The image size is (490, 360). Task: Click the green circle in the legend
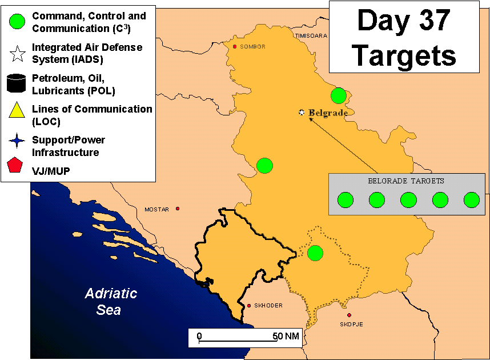(17, 22)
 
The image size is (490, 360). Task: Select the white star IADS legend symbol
(18, 54)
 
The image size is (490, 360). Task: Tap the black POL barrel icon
(16, 83)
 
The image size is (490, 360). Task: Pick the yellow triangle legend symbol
(17, 110)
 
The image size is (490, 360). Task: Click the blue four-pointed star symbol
(17, 141)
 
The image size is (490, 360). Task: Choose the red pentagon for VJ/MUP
(15, 165)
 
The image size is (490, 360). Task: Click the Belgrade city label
(328, 113)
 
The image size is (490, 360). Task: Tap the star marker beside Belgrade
(302, 112)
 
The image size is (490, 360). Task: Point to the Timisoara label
(311, 36)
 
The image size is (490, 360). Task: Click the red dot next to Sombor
(235, 47)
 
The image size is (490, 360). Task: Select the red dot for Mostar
(178, 209)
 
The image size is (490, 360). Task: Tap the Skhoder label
(268, 305)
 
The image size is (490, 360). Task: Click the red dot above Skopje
(349, 315)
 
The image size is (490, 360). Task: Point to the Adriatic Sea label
(111, 302)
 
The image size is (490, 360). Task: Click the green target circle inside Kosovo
(315, 253)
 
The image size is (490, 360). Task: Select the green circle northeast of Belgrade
(339, 95)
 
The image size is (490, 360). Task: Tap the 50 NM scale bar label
(286, 336)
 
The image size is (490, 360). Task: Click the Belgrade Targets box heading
(406, 181)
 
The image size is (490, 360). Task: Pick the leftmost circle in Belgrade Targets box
(346, 200)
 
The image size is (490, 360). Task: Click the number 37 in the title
(435, 21)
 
